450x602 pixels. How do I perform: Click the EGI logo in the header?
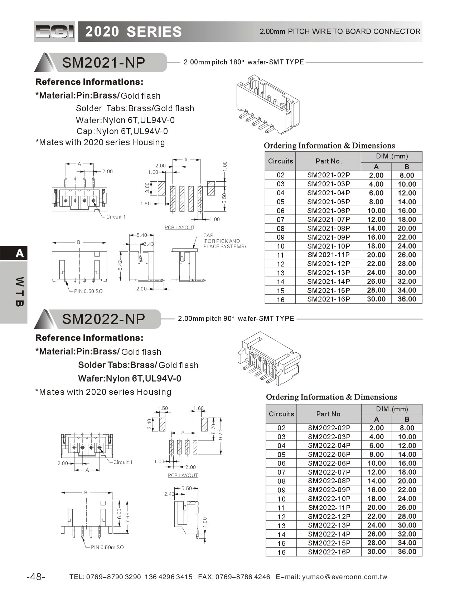tap(54, 32)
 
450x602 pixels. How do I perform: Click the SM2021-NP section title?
tap(103, 63)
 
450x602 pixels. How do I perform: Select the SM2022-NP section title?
tap(103, 319)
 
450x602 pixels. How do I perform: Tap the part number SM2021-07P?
tap(328, 219)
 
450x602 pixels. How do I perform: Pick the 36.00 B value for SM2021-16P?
tap(407, 299)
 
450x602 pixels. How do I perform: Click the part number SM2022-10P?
tap(329, 499)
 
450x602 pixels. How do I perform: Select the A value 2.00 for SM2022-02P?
tap(376, 428)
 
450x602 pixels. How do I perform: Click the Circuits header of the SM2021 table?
tap(280, 161)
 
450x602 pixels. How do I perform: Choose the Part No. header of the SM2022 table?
tap(329, 414)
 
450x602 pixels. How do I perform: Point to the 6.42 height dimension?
tap(120, 265)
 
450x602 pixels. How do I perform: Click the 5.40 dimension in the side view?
tap(142, 235)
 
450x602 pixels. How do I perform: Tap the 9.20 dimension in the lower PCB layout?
tap(221, 435)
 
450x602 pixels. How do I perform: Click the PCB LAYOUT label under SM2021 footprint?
tap(179, 227)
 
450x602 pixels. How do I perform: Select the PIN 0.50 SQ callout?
tap(88, 291)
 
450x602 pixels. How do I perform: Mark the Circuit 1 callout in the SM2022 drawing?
tap(123, 462)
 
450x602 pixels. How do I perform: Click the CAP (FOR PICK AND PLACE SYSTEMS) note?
tap(224, 241)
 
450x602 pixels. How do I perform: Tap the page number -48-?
tap(36, 577)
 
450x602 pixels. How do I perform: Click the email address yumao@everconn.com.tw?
tap(344, 577)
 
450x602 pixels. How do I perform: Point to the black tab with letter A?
tap(14, 253)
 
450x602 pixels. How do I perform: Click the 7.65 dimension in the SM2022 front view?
tap(128, 518)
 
